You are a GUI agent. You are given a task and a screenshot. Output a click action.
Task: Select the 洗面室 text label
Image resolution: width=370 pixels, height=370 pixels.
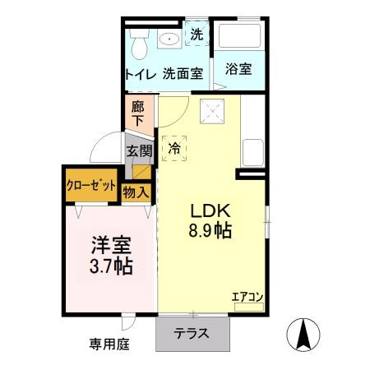pyautogui.click(x=182, y=73)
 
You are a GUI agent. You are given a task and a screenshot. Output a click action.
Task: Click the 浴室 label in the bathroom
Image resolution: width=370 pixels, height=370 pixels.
pyautogui.click(x=238, y=71)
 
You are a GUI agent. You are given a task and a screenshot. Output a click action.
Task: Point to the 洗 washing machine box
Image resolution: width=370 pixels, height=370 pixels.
pyautogui.click(x=197, y=35)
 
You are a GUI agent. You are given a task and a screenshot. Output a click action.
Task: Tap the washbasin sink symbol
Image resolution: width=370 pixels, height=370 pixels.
pyautogui.click(x=171, y=39)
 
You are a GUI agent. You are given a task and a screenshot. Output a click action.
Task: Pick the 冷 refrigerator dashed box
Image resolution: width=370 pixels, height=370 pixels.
pyautogui.click(x=173, y=149)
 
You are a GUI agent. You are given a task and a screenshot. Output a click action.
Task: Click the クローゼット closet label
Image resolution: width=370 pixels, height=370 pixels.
pyautogui.click(x=90, y=184)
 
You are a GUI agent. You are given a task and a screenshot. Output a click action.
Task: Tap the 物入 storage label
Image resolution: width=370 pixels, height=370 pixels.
pyautogui.click(x=136, y=192)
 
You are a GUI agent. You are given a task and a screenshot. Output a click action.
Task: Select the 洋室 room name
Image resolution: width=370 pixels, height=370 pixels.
pyautogui.click(x=110, y=244)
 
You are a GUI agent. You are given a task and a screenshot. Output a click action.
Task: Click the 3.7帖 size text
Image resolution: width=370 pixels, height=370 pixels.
pyautogui.click(x=110, y=266)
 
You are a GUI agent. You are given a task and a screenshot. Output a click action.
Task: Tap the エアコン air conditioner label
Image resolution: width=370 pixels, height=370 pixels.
pyautogui.click(x=246, y=297)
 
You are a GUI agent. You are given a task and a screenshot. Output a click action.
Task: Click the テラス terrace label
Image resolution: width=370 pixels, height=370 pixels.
pyautogui.click(x=192, y=334)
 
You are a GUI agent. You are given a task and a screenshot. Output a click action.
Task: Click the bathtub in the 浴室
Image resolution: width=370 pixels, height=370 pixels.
pyautogui.click(x=240, y=38)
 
